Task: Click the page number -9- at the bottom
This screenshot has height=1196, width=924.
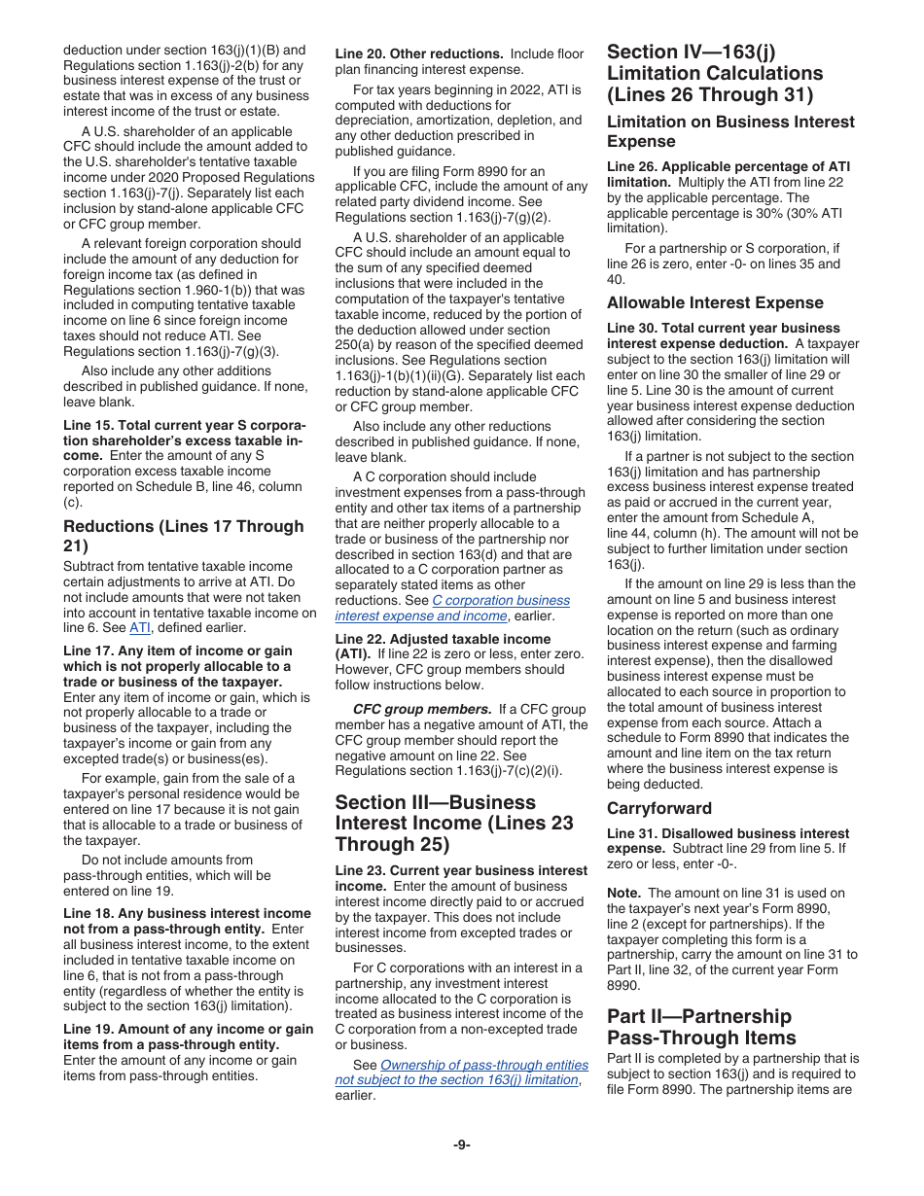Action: click(461, 1144)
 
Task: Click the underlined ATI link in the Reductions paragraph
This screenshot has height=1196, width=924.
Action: click(140, 627)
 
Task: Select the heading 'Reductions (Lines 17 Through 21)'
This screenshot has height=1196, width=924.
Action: click(183, 536)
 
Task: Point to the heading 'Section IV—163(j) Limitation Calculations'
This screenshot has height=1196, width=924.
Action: click(715, 73)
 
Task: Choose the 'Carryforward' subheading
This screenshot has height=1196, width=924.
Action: click(659, 808)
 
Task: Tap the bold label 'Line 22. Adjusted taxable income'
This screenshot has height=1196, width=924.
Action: click(443, 639)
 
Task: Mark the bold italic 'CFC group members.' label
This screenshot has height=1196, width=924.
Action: click(409, 709)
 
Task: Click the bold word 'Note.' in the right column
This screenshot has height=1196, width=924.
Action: click(623, 893)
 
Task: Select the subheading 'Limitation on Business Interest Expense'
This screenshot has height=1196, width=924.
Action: click(730, 131)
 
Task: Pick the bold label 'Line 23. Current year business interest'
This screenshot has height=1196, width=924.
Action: click(461, 870)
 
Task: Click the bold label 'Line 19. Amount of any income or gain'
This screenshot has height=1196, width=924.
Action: click(188, 1029)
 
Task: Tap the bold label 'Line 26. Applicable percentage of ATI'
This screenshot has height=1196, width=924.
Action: click(728, 166)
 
